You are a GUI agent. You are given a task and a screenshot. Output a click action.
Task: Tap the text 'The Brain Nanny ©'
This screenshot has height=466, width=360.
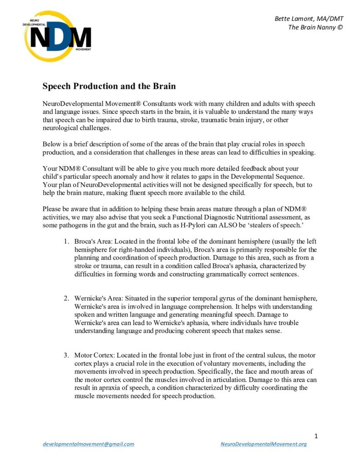click(x=315, y=27)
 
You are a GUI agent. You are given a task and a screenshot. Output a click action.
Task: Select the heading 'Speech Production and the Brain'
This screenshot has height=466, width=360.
click(x=109, y=86)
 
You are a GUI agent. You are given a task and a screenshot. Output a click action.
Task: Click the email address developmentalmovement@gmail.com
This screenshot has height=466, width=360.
click(x=88, y=444)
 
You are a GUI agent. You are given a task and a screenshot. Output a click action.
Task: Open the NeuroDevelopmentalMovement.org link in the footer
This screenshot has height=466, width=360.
click(x=263, y=444)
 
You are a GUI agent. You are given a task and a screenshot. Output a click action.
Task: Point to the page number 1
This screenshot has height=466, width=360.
click(x=316, y=436)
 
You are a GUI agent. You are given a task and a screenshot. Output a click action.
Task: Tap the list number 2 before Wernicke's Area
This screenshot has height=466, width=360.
click(x=66, y=298)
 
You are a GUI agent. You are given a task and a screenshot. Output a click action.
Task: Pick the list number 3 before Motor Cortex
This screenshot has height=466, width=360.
click(x=66, y=355)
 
